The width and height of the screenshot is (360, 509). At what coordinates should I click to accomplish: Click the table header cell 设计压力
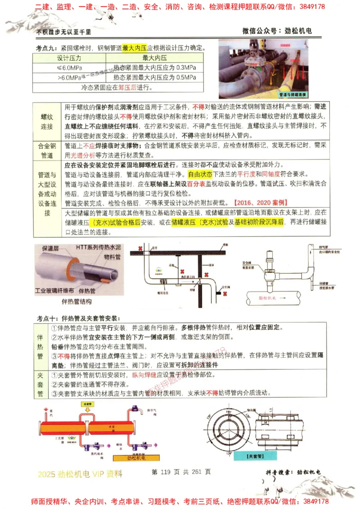point(69,58)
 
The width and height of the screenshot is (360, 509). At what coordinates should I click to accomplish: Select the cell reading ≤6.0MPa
point(69,67)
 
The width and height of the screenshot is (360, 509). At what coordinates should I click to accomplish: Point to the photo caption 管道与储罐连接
point(292,95)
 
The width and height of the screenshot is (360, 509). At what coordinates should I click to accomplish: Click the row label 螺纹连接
point(47,121)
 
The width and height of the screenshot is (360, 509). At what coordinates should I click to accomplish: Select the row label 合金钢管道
point(47,151)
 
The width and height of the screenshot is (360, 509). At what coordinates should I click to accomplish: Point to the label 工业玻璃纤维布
point(55,291)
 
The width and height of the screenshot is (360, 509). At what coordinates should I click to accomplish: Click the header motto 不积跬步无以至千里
point(64,31)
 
